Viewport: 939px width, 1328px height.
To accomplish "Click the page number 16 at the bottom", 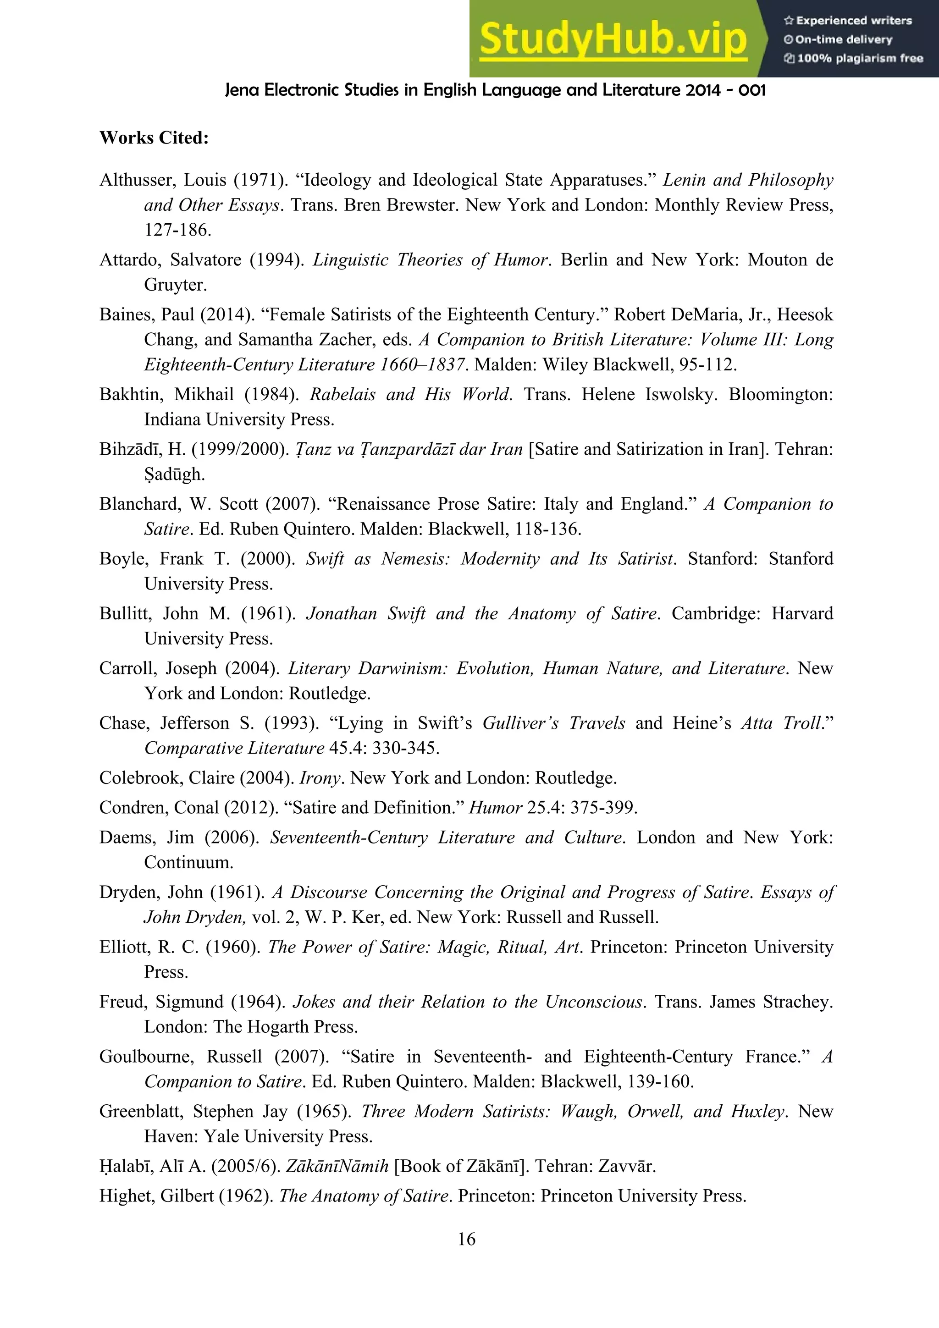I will pyautogui.click(x=466, y=1239).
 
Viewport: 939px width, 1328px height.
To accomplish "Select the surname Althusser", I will pyautogui.click(x=134, y=180).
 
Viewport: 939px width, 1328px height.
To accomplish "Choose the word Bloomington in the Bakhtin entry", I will pyautogui.click(x=780, y=395).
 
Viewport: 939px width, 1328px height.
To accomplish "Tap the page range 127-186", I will pyautogui.click(x=177, y=230).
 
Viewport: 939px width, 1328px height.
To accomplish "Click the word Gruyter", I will pyautogui.click(x=175, y=285).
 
